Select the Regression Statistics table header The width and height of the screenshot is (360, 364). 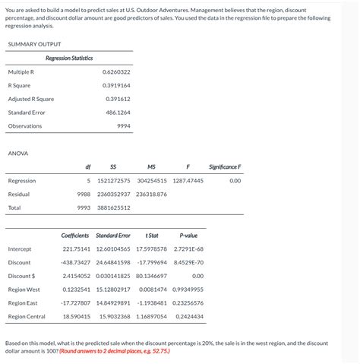[x=68, y=58]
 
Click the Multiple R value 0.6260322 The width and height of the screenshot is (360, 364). [x=116, y=71]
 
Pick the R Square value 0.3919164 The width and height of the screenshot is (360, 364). [x=116, y=85]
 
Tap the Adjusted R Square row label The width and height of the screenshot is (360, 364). [x=30, y=99]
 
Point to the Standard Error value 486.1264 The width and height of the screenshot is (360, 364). [x=118, y=112]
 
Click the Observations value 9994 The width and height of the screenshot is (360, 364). [x=123, y=126]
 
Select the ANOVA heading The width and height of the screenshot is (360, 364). [x=17, y=154]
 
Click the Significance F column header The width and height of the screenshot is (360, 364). [x=224, y=167]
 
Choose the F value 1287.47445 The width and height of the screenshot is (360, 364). [x=188, y=181]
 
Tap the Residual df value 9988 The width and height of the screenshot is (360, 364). [x=84, y=195]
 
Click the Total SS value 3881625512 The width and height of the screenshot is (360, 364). [x=114, y=207]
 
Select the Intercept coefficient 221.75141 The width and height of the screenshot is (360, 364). [x=76, y=249]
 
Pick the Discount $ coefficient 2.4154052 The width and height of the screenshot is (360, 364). [x=76, y=276]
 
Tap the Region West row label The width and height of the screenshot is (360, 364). [x=24, y=290]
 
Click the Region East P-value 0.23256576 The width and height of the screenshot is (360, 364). [x=188, y=302]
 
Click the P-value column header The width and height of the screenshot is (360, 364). [x=188, y=236]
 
